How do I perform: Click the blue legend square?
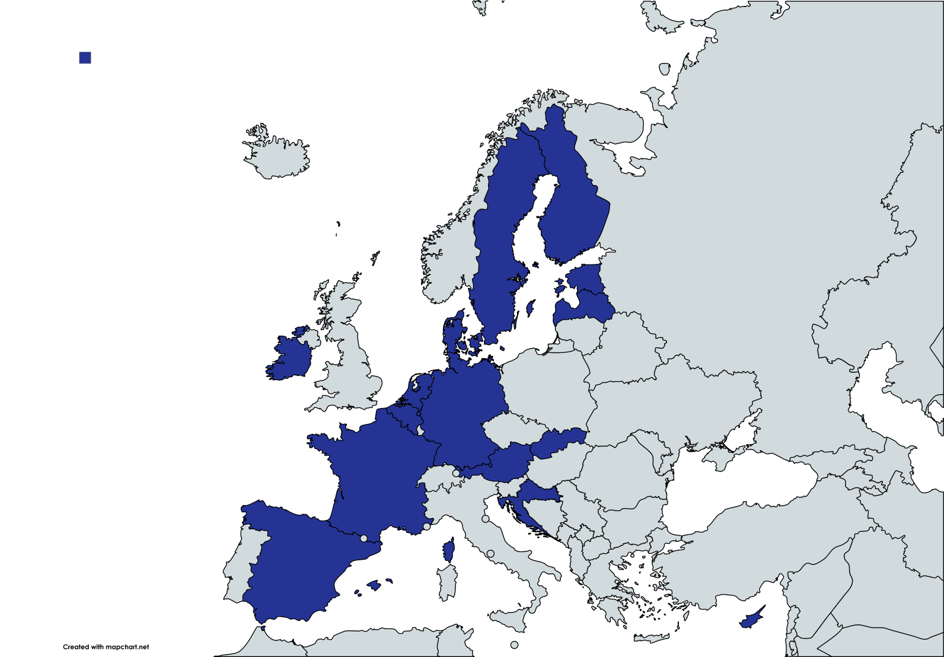(85, 58)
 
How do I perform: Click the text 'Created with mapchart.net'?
(106, 647)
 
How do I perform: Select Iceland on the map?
(276, 154)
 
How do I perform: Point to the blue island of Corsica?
(449, 551)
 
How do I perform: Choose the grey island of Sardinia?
(447, 582)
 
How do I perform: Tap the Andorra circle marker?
(363, 538)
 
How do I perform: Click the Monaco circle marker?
(426, 526)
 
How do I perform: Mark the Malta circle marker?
(514, 645)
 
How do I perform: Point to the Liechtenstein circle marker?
(456, 473)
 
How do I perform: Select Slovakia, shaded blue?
(557, 442)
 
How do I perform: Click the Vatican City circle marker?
(490, 553)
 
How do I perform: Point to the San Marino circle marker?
(486, 519)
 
